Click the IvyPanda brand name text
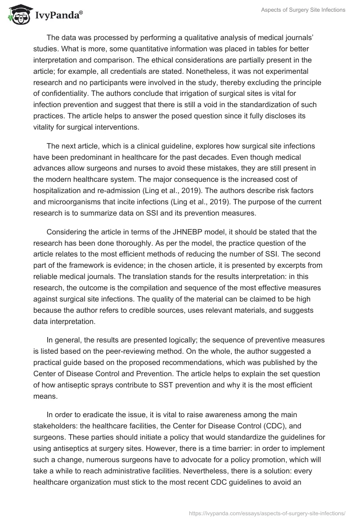57,15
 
